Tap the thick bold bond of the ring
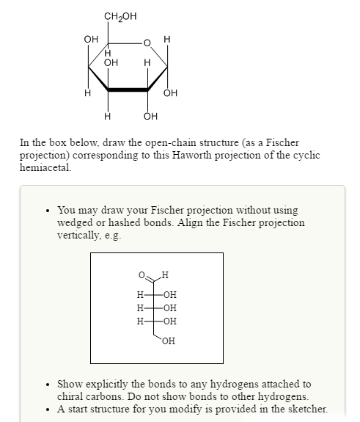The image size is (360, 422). point(128,90)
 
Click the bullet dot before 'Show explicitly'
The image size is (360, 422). point(48,384)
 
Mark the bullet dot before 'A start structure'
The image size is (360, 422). point(48,409)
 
